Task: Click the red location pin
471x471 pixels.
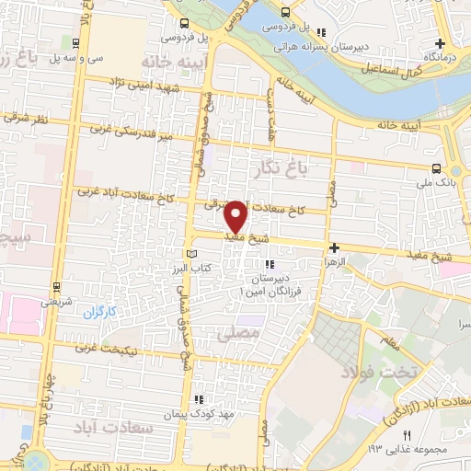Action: (236, 217)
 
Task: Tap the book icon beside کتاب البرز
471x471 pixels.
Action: (191, 253)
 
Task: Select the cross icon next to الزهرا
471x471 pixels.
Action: (334, 248)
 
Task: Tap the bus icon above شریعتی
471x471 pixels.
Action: (57, 287)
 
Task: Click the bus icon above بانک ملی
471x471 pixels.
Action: (436, 168)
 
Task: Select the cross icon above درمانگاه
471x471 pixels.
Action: (441, 43)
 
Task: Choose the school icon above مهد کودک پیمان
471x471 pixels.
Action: (198, 398)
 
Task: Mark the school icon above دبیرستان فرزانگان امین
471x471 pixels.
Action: (270, 265)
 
